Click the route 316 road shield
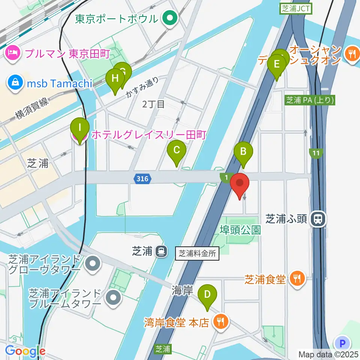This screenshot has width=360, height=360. click(142, 179)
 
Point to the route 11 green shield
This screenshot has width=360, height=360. click(316, 153)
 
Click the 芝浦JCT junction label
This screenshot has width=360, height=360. click(296, 9)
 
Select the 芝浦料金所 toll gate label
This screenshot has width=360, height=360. click(197, 253)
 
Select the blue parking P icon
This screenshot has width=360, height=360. click(342, 343)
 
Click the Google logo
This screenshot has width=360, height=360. click(25, 351)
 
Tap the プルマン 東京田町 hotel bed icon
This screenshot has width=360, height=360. click(13, 53)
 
